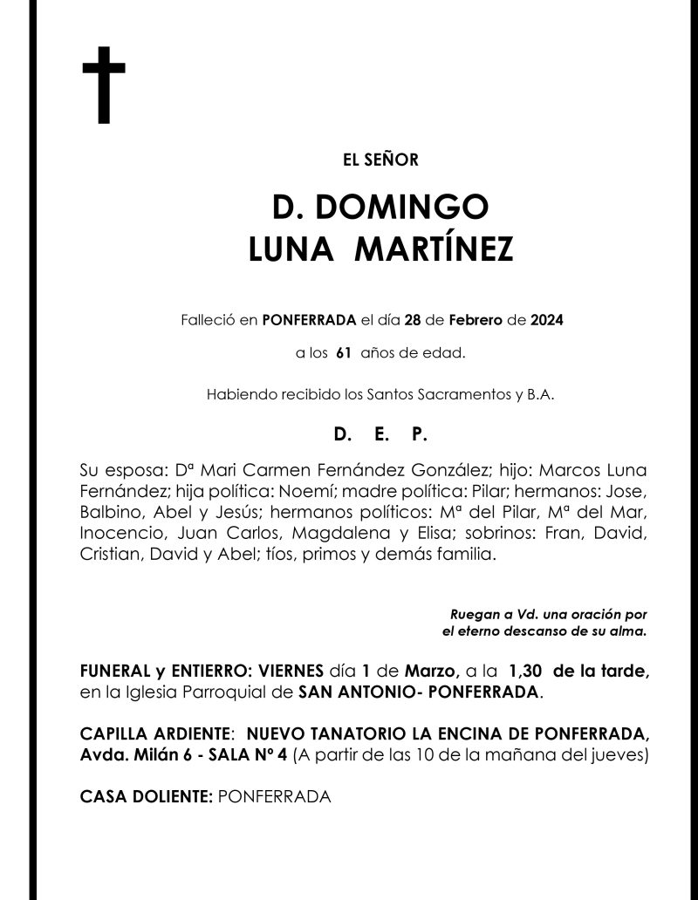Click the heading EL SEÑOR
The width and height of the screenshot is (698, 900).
click(381, 160)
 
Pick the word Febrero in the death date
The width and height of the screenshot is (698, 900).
click(476, 320)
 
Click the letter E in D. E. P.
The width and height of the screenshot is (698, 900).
click(380, 433)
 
